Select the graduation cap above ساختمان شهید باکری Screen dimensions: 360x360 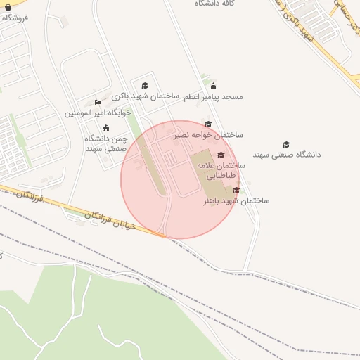pyautogui.click(x=146, y=85)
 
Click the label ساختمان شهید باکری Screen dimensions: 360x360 pyautogui.click(x=147, y=96)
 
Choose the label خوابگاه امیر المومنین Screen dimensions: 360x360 pyautogui.click(x=98, y=112)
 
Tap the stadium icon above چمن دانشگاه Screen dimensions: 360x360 pyautogui.click(x=105, y=128)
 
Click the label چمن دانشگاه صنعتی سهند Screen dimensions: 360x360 pyautogui.click(x=105, y=143)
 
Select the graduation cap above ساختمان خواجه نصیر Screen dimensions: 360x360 pyautogui.click(x=209, y=124)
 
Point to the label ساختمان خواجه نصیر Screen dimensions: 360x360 pyautogui.click(x=209, y=134)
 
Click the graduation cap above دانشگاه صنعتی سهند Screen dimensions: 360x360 pyautogui.click(x=286, y=144)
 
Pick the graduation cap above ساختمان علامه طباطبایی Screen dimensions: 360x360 pyautogui.click(x=221, y=155)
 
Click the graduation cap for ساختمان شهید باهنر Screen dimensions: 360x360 pyautogui.click(x=236, y=190)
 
